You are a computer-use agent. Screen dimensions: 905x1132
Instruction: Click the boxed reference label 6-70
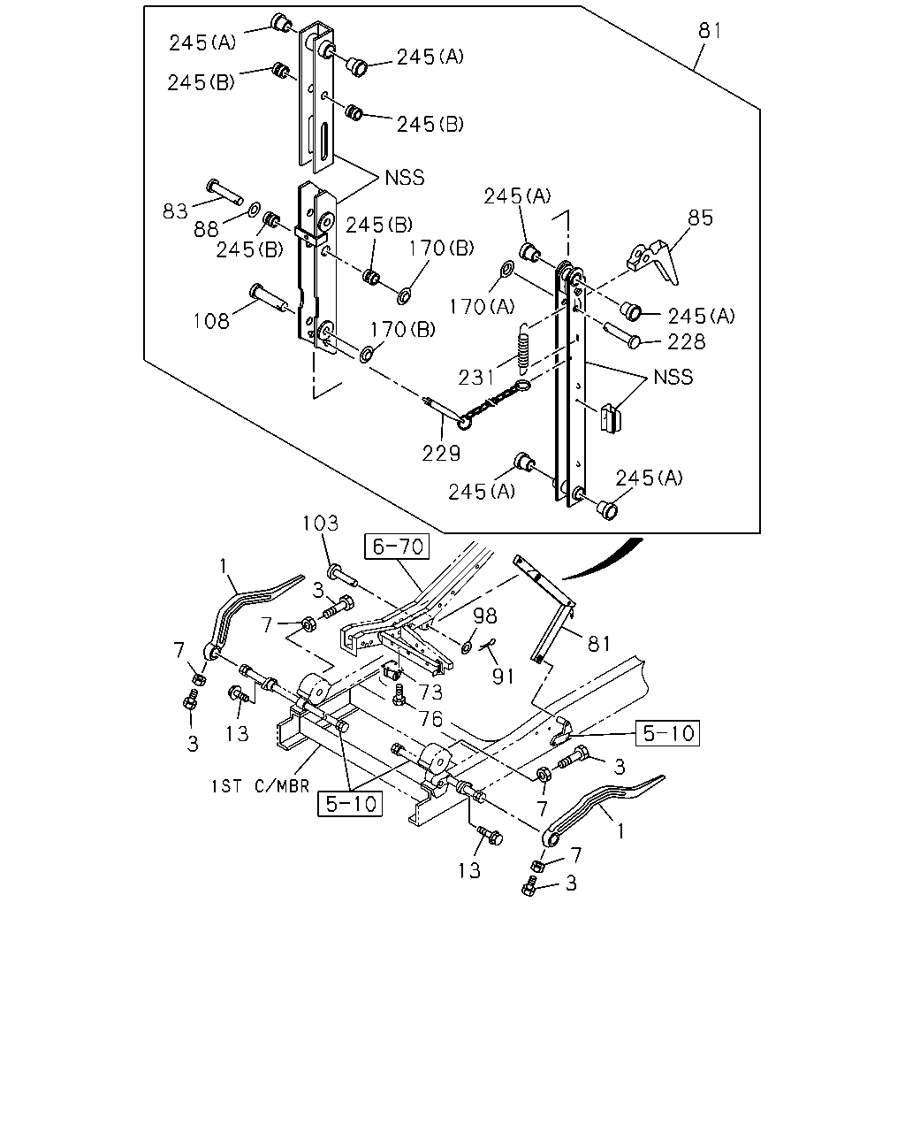click(397, 547)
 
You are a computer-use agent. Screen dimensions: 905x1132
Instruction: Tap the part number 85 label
click(700, 218)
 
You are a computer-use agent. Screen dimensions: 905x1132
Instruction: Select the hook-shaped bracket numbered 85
click(652, 262)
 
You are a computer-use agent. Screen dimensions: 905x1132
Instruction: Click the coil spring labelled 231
click(523, 348)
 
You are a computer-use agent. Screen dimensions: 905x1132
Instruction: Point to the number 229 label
click(441, 453)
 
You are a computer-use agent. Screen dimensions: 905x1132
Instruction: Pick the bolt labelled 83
click(224, 192)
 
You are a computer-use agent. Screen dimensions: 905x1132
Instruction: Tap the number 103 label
click(320, 524)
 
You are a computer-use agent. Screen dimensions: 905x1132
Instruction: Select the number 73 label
click(430, 692)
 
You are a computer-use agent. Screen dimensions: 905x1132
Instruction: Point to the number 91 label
click(503, 677)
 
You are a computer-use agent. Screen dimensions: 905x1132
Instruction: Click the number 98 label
click(484, 616)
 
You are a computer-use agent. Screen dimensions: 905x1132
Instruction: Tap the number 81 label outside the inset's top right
click(710, 30)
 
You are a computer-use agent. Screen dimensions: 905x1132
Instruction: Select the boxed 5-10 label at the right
click(668, 733)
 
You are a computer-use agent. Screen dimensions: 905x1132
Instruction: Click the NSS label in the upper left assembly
click(405, 178)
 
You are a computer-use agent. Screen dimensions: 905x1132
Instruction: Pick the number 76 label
click(430, 718)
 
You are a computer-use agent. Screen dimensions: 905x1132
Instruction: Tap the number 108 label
click(211, 321)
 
